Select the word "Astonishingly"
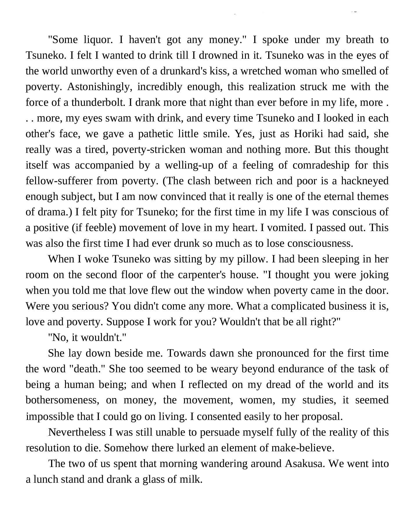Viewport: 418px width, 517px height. click(99, 87)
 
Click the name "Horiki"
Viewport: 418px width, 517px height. click(309, 134)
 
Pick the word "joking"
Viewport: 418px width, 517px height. click(374, 275)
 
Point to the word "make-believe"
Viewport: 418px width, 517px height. click(302, 448)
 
